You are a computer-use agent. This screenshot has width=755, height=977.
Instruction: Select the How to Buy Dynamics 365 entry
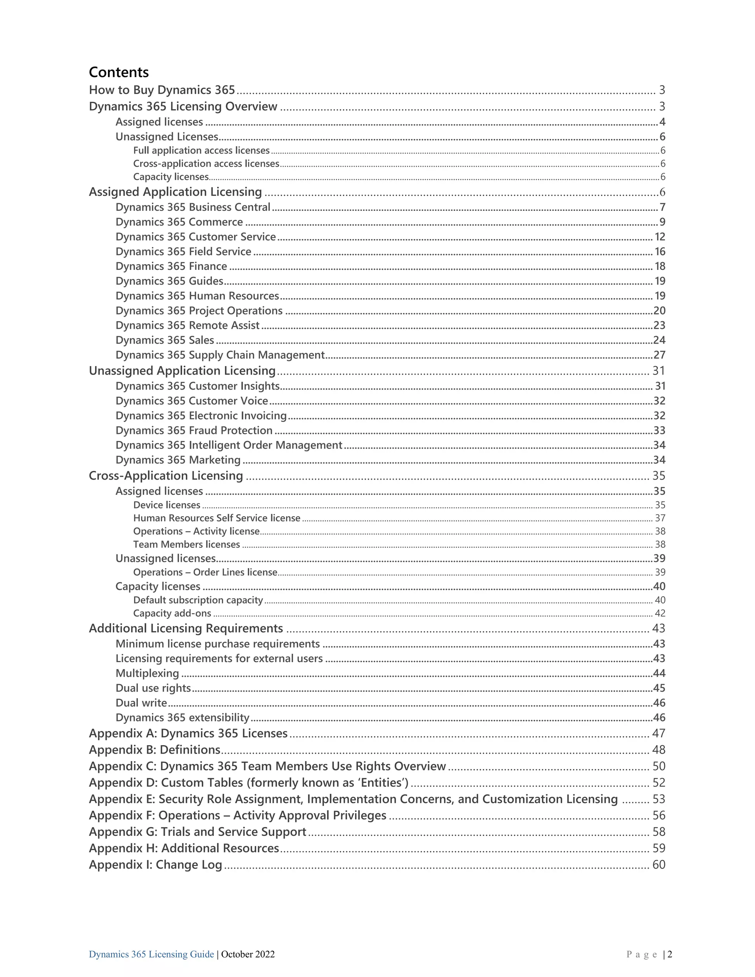point(162,90)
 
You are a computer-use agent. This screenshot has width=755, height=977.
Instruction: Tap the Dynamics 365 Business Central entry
point(193,207)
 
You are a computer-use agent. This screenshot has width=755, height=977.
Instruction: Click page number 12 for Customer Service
point(660,237)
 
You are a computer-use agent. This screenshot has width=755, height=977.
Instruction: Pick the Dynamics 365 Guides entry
point(169,281)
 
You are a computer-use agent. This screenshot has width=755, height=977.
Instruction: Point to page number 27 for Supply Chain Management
point(659,355)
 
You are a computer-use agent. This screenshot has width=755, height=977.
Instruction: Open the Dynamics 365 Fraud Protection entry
point(194,430)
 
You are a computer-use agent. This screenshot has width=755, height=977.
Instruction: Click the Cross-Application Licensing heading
point(166,476)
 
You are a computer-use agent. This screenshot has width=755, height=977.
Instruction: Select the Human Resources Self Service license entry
point(216,518)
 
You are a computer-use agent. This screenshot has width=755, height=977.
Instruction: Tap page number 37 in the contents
point(660,518)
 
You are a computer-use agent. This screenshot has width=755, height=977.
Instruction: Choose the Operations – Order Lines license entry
point(205,572)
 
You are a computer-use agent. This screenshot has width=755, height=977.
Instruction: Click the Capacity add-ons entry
point(172,613)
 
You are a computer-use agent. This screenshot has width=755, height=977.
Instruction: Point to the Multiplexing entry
point(147,673)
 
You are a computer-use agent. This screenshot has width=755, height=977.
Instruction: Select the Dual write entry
point(141,703)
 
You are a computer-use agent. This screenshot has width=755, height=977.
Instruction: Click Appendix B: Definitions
point(154,750)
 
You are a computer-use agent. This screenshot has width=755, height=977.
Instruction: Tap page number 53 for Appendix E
point(659,799)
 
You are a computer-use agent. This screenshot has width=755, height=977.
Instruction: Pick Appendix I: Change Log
point(155,865)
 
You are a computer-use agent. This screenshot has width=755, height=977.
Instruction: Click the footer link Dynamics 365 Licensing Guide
point(151,954)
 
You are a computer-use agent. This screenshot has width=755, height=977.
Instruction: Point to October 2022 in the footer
point(248,954)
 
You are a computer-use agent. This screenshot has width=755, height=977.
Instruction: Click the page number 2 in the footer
point(669,954)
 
